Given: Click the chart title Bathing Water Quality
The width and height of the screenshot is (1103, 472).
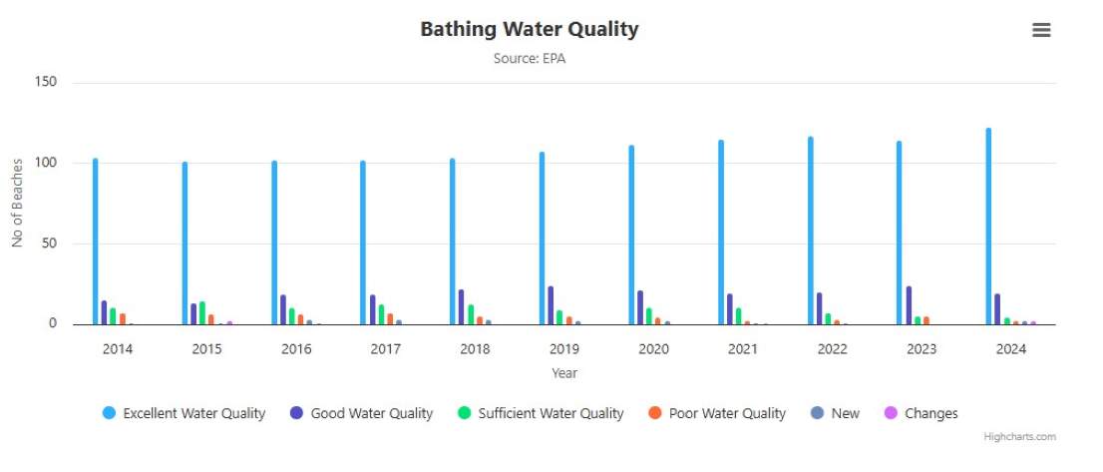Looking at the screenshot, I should [x=529, y=29].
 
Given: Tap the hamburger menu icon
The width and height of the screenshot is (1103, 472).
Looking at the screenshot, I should [x=1041, y=30].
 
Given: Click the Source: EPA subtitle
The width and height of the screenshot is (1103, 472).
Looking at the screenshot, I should [x=530, y=59].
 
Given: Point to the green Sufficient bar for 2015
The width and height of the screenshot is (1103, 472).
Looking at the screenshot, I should [x=202, y=313].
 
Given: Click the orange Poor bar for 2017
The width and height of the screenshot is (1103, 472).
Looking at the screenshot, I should [x=390, y=319].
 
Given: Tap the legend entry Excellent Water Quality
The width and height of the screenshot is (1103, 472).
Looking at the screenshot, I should [x=184, y=413].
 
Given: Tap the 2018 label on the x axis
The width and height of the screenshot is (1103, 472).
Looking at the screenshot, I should [x=475, y=349].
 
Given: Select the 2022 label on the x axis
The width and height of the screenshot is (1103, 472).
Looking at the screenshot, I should [x=832, y=349].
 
